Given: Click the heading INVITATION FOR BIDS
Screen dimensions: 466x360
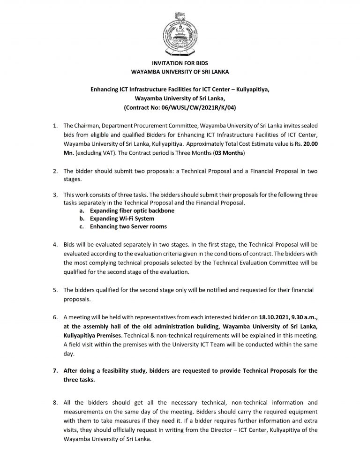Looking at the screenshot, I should click(x=180, y=63).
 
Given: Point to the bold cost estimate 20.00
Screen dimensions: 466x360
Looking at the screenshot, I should click(x=310, y=145).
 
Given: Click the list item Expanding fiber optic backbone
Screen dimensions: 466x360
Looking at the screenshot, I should click(x=126, y=211).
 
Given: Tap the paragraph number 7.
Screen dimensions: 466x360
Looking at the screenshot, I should click(x=55, y=371).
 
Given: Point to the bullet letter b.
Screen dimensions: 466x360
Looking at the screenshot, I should click(x=82, y=219).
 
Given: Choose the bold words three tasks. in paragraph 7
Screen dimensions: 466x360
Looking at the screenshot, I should click(x=79, y=380).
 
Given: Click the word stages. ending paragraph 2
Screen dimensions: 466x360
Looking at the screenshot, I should click(x=73, y=179).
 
